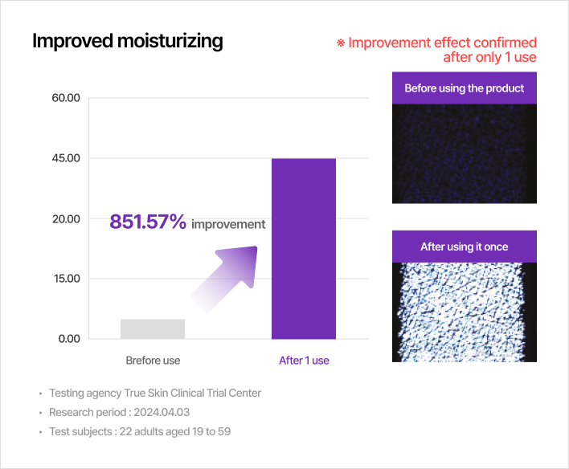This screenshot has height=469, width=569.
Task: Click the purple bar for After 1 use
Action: point(304,248)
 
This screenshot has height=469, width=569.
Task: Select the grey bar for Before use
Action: point(153,329)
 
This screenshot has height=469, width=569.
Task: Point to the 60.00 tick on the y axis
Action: point(66,98)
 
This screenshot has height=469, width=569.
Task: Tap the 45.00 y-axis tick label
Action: point(66,158)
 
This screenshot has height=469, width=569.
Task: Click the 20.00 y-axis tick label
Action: point(66,218)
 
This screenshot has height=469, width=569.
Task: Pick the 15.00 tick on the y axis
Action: point(67,279)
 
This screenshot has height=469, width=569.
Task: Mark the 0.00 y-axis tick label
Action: point(69,339)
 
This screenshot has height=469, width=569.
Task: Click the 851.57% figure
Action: point(148,222)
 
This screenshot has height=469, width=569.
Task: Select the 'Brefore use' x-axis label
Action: point(153,361)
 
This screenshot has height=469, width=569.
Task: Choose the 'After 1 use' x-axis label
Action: point(304,361)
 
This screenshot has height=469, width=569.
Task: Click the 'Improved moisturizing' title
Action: point(127,41)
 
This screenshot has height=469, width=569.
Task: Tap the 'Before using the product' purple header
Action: point(465,88)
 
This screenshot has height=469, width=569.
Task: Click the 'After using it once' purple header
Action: point(465,247)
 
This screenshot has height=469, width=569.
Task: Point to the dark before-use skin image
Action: point(465,154)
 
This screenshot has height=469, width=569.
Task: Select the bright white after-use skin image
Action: point(465,312)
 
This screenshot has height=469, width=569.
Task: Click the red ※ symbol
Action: point(341,43)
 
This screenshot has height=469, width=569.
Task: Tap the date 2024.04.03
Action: point(162,413)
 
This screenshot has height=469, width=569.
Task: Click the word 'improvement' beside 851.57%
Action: point(228,225)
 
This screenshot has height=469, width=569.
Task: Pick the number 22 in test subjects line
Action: point(125,431)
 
